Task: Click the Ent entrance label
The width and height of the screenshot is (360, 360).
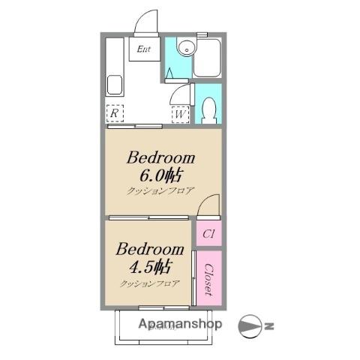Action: pos(144,49)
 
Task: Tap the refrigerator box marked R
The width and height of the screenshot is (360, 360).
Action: pos(115,113)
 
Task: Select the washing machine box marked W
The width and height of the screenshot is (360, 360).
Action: pos(180,115)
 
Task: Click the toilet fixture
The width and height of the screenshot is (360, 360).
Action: pos(208,110)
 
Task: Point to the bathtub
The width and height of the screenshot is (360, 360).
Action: pos(207,58)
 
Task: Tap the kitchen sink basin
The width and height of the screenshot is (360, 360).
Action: pos(115,85)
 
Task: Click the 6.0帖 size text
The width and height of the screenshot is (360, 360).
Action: pos(160,175)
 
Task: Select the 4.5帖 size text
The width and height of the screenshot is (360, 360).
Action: pos(150,267)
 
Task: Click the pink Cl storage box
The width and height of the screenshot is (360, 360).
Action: pos(208,233)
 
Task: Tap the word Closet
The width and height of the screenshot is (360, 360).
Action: pos(209,280)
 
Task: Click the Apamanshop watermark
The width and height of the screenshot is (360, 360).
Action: pos(180,324)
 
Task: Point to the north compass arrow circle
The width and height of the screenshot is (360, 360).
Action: pos(250,326)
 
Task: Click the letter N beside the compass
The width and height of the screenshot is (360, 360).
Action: pos(269,326)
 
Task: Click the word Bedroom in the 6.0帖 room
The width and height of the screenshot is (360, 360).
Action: pos(160,158)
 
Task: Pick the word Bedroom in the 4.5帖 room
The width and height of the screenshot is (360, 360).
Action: pos(150,249)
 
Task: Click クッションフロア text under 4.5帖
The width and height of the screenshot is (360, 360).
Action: pos(150,283)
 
